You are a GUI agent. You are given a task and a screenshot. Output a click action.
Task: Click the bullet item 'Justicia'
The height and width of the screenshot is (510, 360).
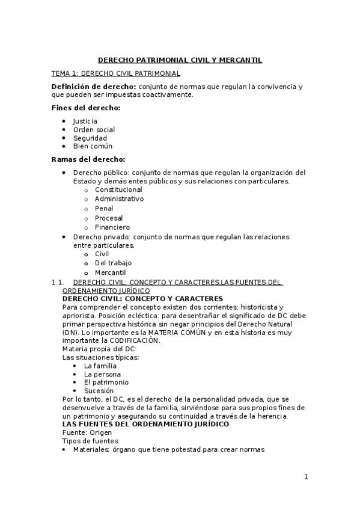click(x=85, y=121)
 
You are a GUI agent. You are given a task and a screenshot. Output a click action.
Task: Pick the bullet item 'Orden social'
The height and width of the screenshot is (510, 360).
click(x=94, y=129)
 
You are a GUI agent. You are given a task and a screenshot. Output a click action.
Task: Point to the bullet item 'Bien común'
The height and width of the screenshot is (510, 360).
click(x=93, y=146)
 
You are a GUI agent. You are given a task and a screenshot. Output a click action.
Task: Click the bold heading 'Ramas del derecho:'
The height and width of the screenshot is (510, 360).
click(x=88, y=159)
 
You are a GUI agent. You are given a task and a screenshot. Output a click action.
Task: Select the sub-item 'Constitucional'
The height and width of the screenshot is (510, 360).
click(x=118, y=189)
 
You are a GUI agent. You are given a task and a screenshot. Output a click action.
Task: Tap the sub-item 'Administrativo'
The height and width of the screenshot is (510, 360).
click(x=119, y=199)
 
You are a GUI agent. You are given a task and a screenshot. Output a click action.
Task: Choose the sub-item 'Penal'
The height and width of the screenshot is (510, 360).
click(x=104, y=209)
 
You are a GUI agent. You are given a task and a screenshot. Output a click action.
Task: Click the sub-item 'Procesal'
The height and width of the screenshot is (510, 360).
click(x=109, y=218)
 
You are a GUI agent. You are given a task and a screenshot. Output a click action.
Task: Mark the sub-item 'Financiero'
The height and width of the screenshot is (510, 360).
click(x=112, y=227)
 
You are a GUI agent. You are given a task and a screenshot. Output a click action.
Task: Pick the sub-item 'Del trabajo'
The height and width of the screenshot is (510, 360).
click(x=113, y=263)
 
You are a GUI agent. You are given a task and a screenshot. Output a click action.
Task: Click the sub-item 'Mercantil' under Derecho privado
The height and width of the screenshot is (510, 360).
click(x=110, y=272)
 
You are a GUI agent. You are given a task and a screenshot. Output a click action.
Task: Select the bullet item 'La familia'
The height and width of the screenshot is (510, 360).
click(x=100, y=366)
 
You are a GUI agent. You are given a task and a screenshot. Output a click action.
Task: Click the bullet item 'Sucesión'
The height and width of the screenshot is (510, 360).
click(x=99, y=390)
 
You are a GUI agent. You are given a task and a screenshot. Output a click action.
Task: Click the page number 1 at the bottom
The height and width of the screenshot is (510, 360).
click(x=306, y=478)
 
